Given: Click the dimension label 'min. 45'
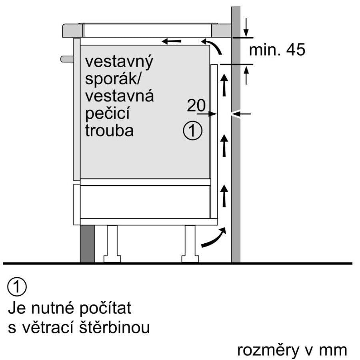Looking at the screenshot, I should pos(277,50).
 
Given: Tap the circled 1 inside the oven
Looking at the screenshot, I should pos(192,131).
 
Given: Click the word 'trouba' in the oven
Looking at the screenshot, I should pos(109,131).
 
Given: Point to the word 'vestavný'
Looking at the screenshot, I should pos(119,63).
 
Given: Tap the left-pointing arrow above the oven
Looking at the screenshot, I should pos(171,41).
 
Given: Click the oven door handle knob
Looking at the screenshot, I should pos(67,59).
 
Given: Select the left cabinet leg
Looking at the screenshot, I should pos(112,244).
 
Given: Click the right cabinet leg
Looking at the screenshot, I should pos(190,244).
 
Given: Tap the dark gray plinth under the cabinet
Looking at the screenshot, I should pos(87,244).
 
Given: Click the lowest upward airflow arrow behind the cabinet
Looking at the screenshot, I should pos(225,196).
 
